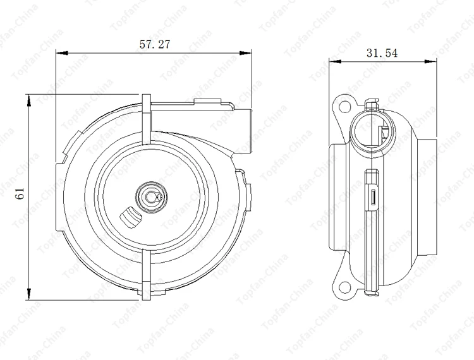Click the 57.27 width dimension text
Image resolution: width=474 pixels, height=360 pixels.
tap(154, 44)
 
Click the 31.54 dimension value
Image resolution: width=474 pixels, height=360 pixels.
tap(382, 54)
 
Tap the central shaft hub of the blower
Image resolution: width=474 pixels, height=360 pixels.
tap(151, 196)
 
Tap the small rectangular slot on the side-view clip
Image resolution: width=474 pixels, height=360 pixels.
tap(374, 198)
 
